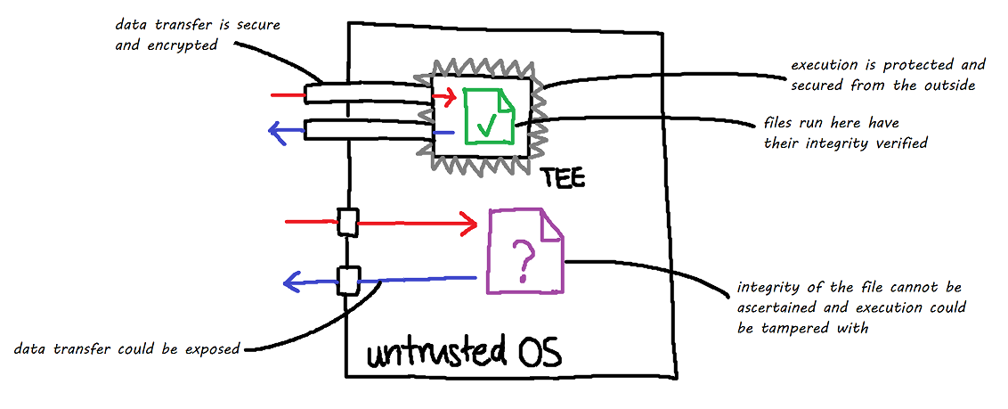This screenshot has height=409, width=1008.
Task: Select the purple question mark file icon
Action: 524,251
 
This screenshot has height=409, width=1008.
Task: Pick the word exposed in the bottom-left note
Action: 210,348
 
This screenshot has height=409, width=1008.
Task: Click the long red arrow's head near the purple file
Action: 468,223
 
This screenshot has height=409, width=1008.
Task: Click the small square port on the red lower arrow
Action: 347,222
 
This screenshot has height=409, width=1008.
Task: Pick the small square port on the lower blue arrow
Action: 347,281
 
